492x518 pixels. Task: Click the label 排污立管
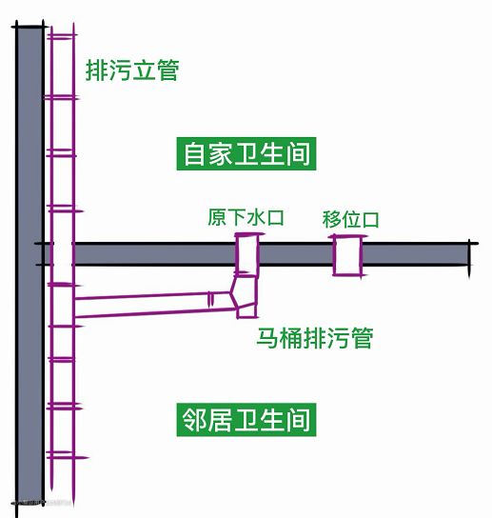point(132,70)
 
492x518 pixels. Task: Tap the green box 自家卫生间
point(246,153)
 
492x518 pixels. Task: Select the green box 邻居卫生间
point(246,420)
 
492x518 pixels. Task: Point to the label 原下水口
point(246,217)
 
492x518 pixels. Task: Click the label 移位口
point(350,219)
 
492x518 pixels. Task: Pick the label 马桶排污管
point(315,338)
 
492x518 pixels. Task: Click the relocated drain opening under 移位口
point(347,255)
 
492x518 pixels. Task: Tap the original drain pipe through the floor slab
point(246,253)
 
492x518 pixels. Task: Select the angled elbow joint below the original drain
point(244,296)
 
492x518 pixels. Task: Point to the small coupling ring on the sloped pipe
point(210,300)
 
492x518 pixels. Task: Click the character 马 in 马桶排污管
point(266,338)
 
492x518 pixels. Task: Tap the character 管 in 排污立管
point(167,70)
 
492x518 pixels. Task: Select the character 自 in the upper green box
point(194,153)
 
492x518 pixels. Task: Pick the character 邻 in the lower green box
point(194,420)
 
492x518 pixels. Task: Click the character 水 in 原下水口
point(256,217)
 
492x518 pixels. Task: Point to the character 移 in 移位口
point(331,219)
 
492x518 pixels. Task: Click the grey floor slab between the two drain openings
point(296,254)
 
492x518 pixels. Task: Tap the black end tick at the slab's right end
point(469,258)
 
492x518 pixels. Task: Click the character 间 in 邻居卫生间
point(298,420)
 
